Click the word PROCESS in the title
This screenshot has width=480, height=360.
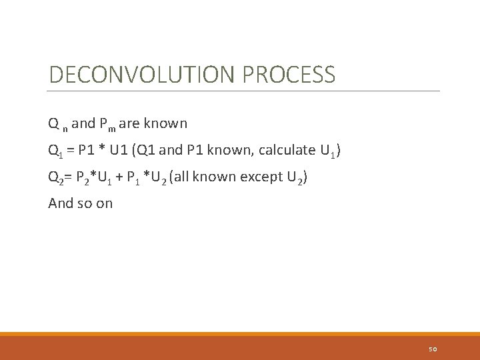(289, 75)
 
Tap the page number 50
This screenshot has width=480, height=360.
(433, 349)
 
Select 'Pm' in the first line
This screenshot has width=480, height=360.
(107, 124)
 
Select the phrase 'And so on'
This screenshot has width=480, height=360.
(81, 203)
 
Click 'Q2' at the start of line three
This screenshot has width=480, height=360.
(56, 177)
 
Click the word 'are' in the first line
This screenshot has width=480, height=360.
(129, 124)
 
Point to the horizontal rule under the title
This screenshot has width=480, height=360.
(244, 91)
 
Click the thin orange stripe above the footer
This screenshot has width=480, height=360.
(240, 334)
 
